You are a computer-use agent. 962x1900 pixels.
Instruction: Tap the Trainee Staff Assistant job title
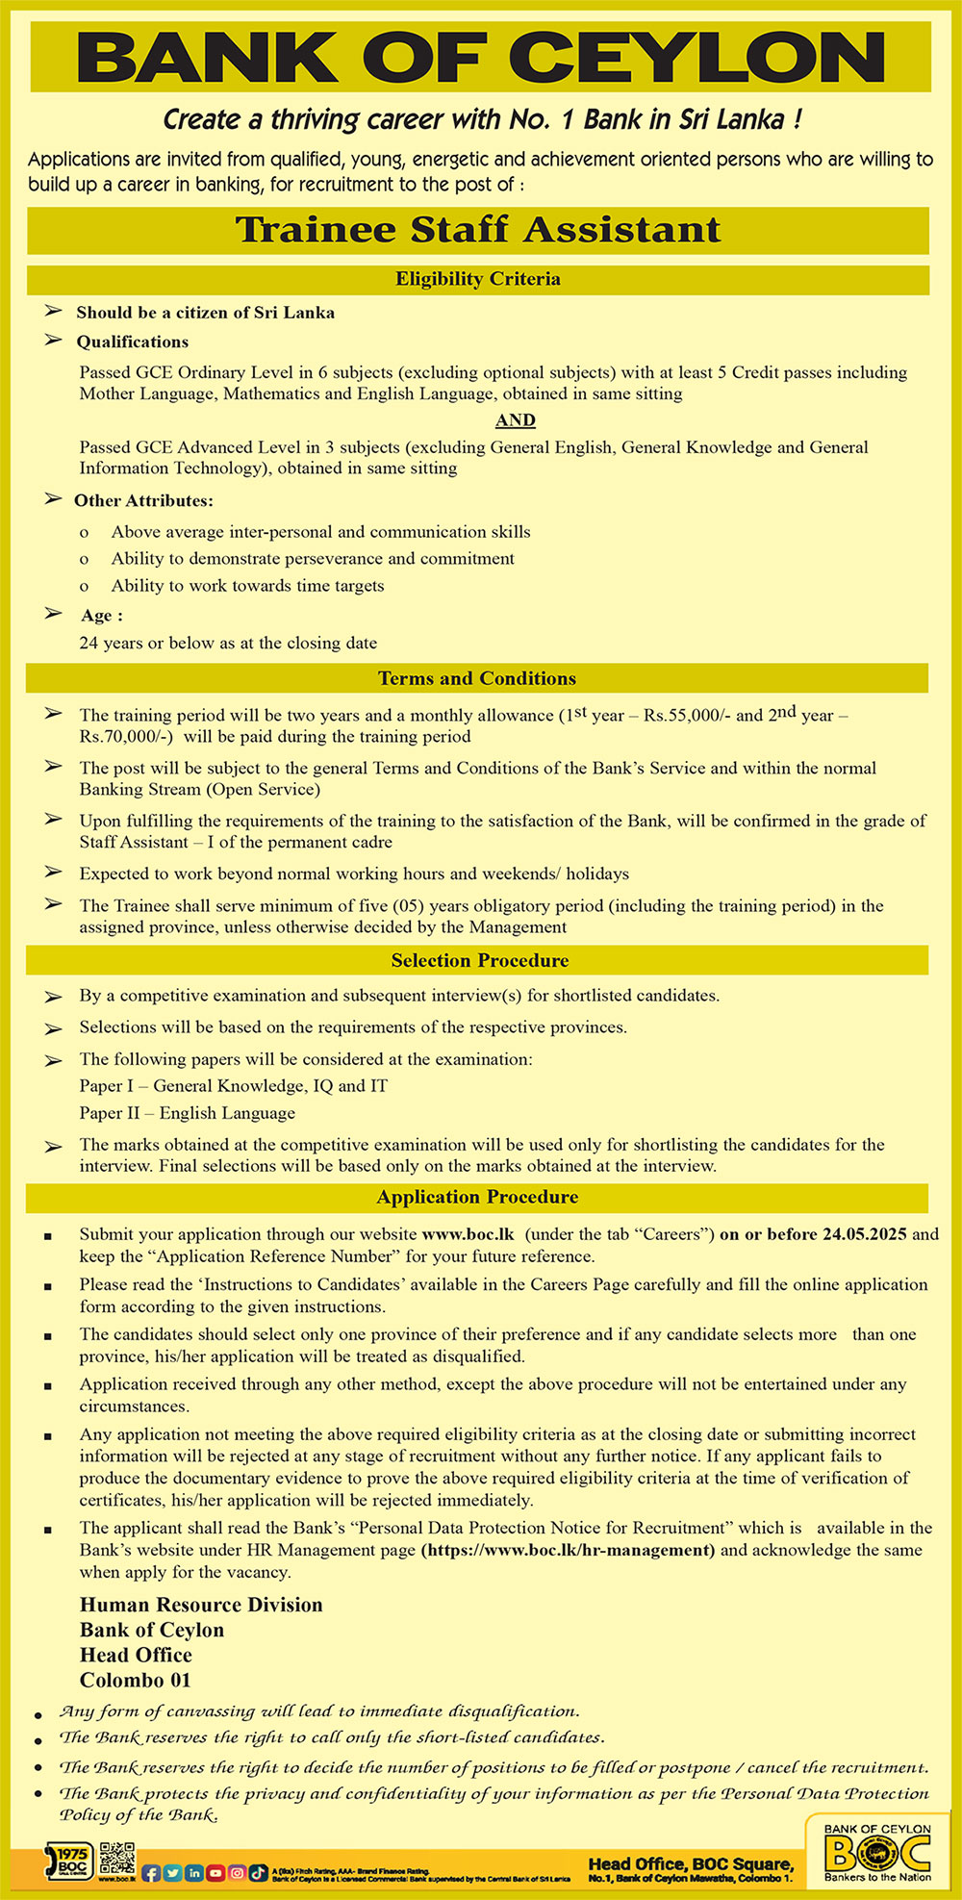click(478, 230)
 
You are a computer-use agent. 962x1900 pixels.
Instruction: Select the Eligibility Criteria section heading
click(477, 279)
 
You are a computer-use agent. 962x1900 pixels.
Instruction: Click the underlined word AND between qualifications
click(516, 420)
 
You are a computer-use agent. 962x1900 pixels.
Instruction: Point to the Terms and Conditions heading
click(477, 678)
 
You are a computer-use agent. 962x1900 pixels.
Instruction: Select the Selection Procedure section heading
click(479, 960)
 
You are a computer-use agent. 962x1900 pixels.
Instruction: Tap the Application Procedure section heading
click(477, 1197)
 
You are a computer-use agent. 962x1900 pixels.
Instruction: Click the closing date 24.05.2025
click(864, 1234)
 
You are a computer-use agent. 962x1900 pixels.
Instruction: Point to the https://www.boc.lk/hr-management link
click(568, 1550)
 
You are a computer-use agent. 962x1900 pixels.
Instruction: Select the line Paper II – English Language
click(188, 1113)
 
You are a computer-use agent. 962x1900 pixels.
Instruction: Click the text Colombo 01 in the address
click(136, 1680)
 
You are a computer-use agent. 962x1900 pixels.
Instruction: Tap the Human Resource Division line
click(201, 1605)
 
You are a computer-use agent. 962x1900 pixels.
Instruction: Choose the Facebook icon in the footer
click(151, 1873)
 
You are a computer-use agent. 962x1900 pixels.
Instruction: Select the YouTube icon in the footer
click(215, 1873)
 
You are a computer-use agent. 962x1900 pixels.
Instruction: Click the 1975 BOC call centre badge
click(68, 1862)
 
